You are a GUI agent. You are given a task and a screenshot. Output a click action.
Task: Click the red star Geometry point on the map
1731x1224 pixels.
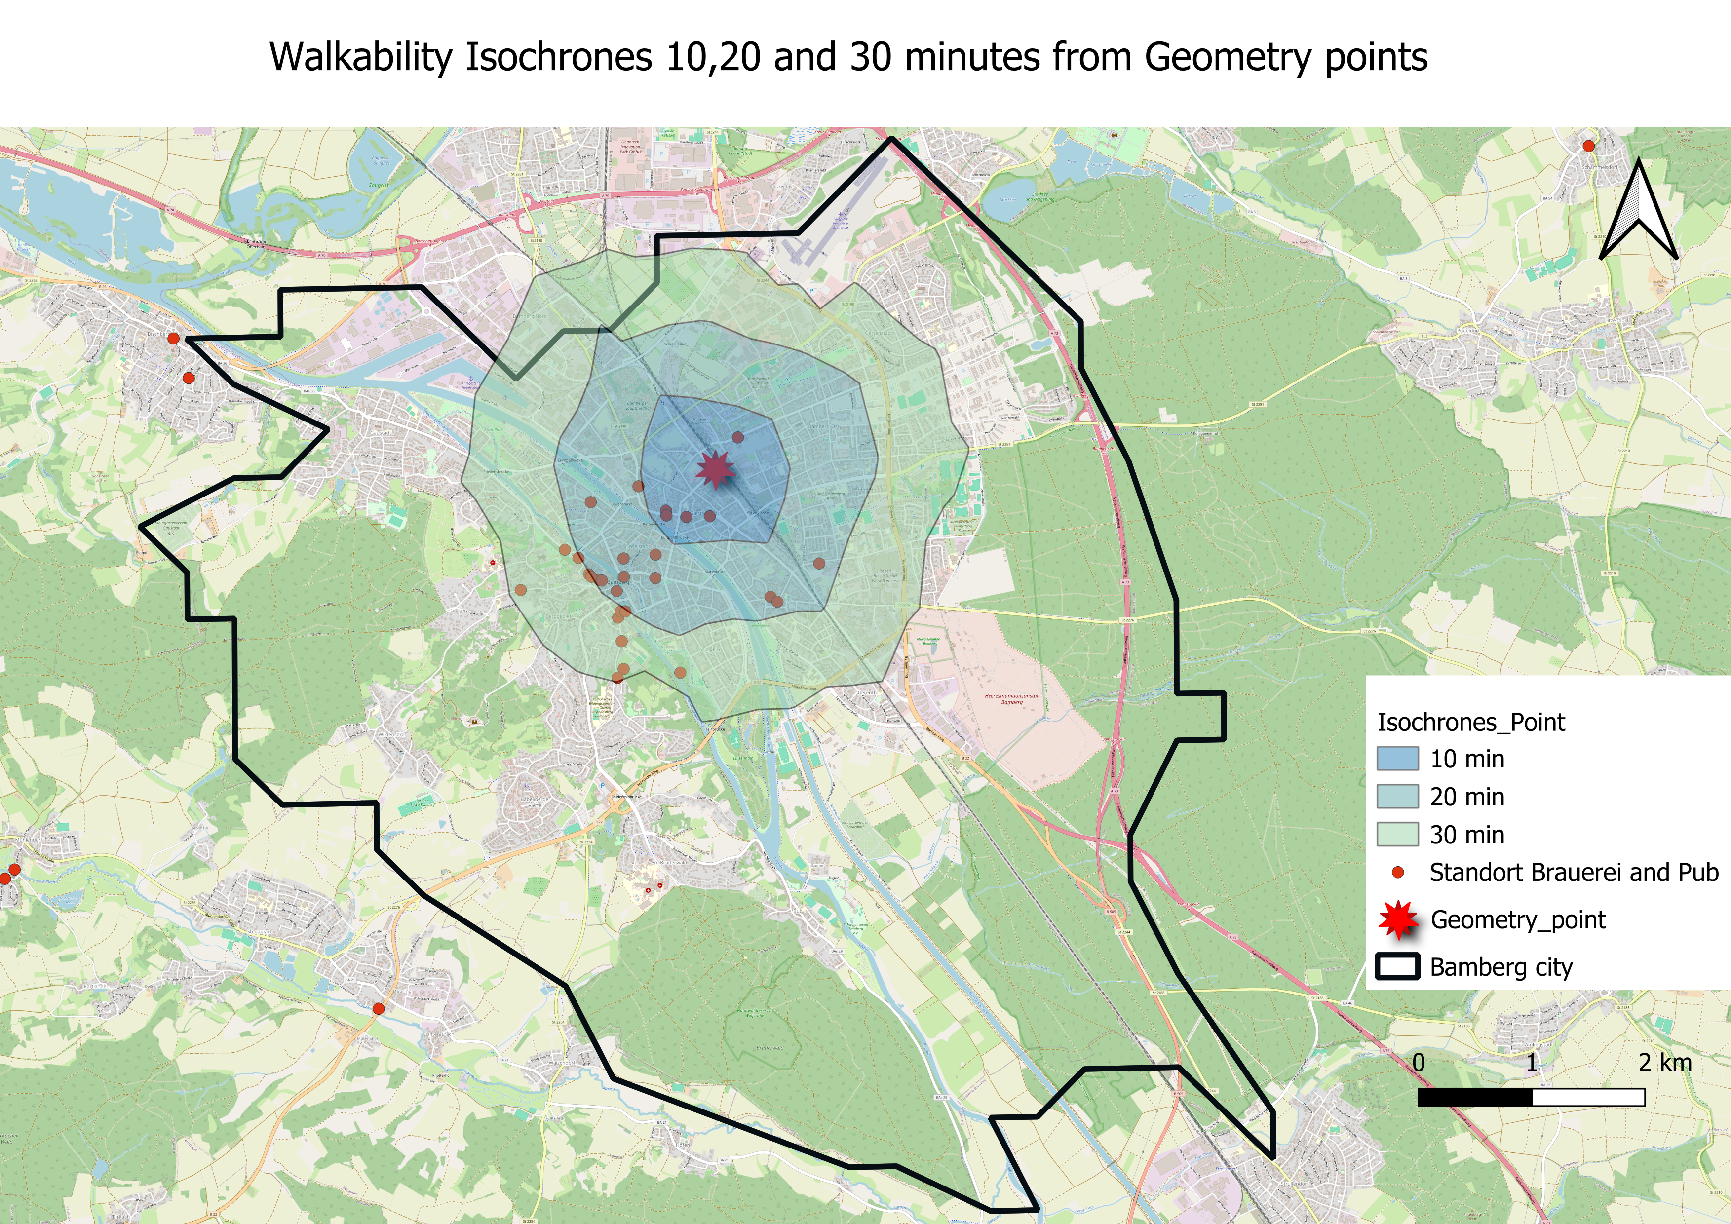point(714,469)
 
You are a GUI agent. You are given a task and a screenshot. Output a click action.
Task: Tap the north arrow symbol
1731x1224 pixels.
point(1638,212)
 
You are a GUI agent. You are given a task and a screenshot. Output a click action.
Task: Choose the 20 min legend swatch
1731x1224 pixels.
point(1397,797)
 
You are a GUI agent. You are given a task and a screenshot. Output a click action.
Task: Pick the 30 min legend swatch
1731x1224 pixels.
point(1397,834)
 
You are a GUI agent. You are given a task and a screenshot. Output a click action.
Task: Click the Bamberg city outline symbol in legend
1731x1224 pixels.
point(1397,967)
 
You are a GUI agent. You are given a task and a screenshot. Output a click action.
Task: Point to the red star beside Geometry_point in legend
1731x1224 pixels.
point(1398,919)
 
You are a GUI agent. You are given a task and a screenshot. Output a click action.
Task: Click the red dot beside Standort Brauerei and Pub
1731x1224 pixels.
point(1398,873)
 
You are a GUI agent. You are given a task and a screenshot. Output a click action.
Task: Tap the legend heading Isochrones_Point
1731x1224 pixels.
point(1470,723)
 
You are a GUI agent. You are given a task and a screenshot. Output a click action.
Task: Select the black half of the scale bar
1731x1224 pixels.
point(1475,1097)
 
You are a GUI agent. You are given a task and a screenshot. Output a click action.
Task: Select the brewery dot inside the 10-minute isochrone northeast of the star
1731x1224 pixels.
point(738,437)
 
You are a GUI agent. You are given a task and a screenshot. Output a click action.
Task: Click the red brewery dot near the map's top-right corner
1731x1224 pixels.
point(1588,146)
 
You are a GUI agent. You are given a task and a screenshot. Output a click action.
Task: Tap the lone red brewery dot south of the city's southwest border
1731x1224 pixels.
point(379,1008)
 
